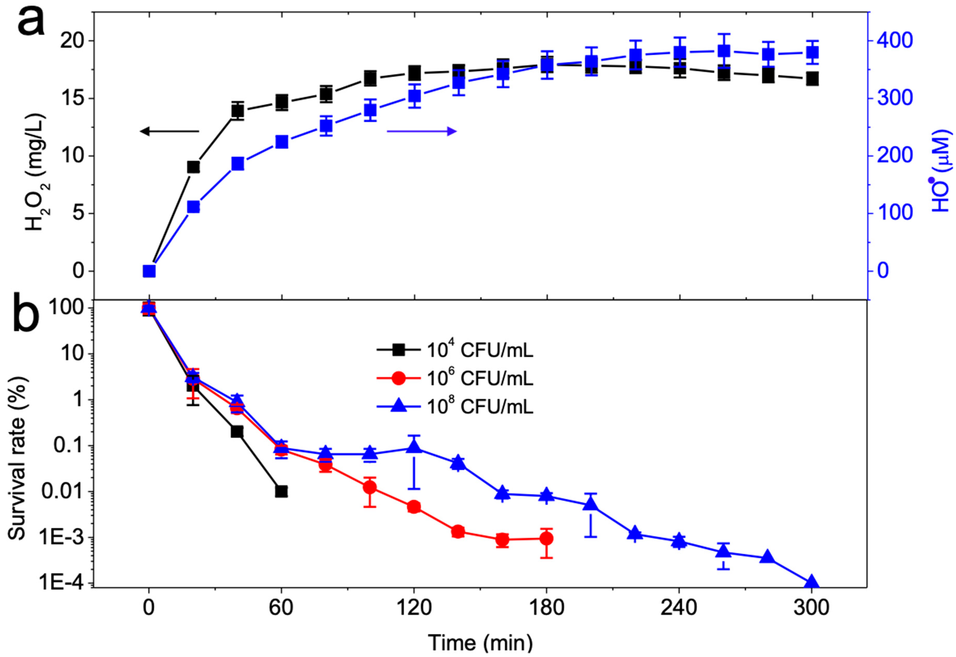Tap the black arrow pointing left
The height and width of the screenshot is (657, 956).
169,131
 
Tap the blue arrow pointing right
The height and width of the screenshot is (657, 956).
421,131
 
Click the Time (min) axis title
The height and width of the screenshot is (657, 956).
480,642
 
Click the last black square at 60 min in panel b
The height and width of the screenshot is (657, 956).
281,492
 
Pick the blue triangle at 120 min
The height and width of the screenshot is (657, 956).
414,447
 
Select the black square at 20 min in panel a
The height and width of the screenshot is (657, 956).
193,167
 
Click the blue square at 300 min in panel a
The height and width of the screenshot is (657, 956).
812,53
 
